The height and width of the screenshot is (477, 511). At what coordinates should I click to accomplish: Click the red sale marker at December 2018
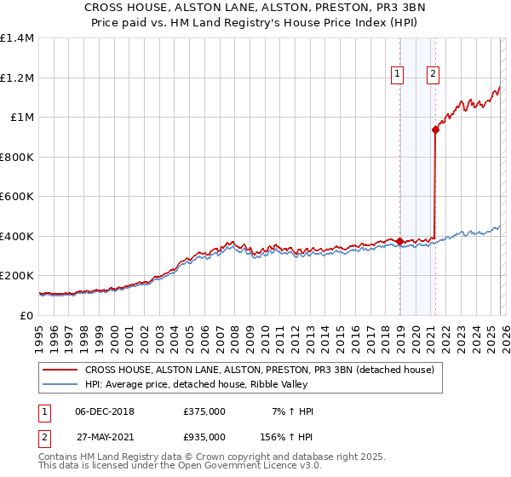tap(399, 242)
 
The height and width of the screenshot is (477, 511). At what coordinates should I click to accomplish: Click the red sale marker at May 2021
tap(435, 130)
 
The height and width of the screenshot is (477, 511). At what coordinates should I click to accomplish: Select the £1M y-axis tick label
tap(21, 118)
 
